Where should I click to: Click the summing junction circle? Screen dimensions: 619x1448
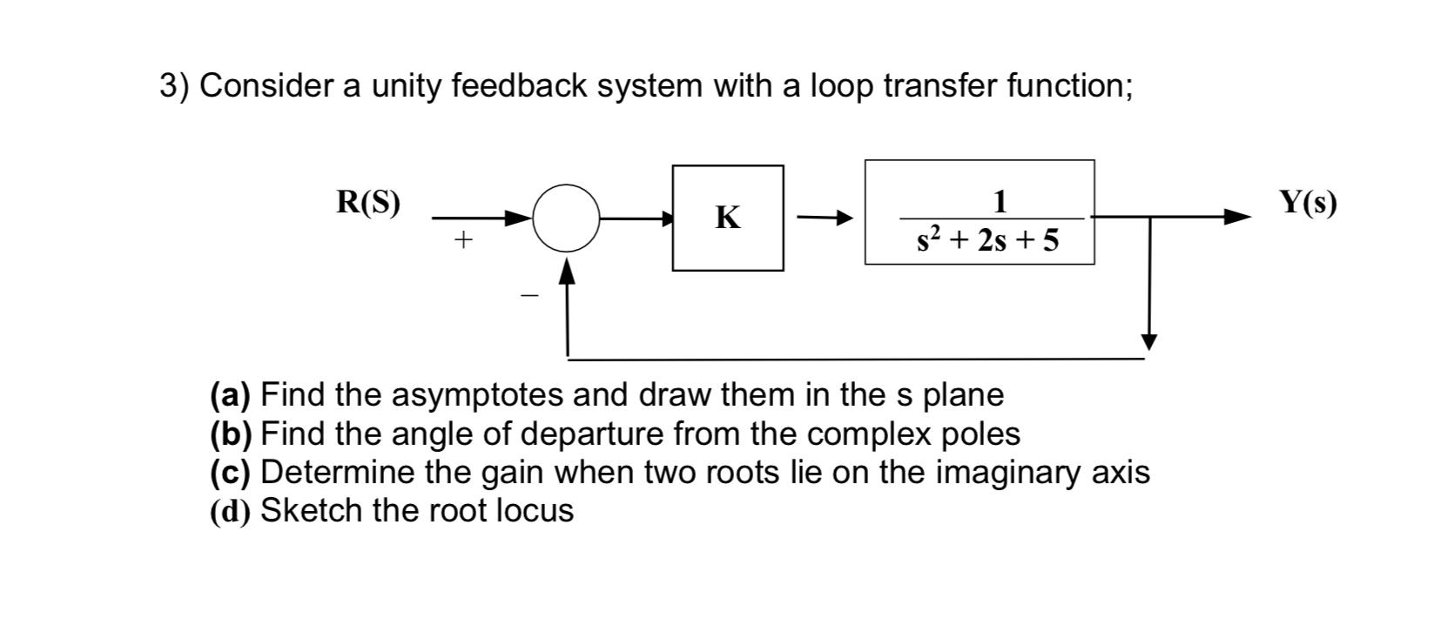566,219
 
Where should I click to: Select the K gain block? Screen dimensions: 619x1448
727,218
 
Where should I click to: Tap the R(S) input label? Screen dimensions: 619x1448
369,202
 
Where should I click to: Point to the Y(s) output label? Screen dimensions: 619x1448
1307,202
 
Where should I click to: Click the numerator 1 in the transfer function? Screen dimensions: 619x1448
1000,202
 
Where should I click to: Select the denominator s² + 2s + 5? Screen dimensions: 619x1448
988,240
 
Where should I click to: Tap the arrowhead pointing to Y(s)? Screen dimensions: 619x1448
1236,218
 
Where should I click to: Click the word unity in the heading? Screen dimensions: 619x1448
405,86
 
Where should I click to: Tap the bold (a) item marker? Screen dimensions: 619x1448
231,395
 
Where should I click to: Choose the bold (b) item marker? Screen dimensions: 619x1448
231,433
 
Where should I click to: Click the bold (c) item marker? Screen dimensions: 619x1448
231,471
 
